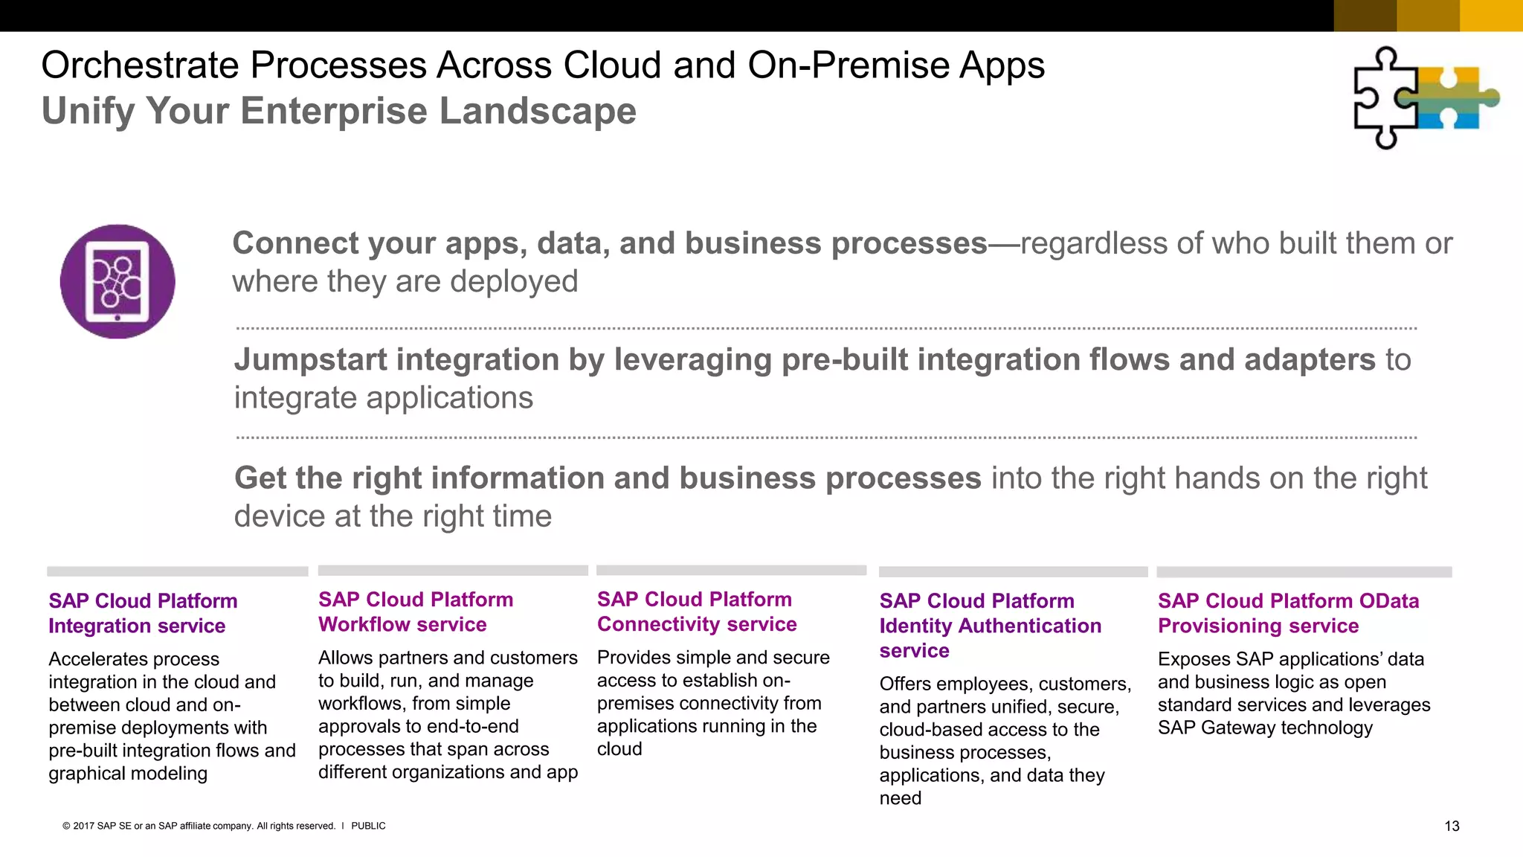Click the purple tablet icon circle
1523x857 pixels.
(x=117, y=281)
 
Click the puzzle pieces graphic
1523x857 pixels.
(x=1424, y=97)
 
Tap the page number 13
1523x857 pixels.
(x=1452, y=826)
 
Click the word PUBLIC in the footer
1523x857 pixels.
(x=368, y=826)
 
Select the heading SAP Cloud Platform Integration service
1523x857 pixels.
(x=143, y=613)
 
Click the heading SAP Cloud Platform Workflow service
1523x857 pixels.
(x=415, y=612)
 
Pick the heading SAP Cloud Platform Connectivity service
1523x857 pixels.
(x=696, y=612)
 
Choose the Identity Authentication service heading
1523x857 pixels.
(x=990, y=626)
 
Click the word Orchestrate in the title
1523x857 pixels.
(x=140, y=65)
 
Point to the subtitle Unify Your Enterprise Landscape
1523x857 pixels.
(x=338, y=111)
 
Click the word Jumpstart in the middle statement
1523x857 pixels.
(x=321, y=360)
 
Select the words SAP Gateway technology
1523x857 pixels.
(x=1265, y=728)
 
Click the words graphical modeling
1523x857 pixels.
(x=128, y=774)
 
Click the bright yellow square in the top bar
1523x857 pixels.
(x=1490, y=15)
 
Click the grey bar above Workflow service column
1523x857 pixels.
(x=452, y=571)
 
